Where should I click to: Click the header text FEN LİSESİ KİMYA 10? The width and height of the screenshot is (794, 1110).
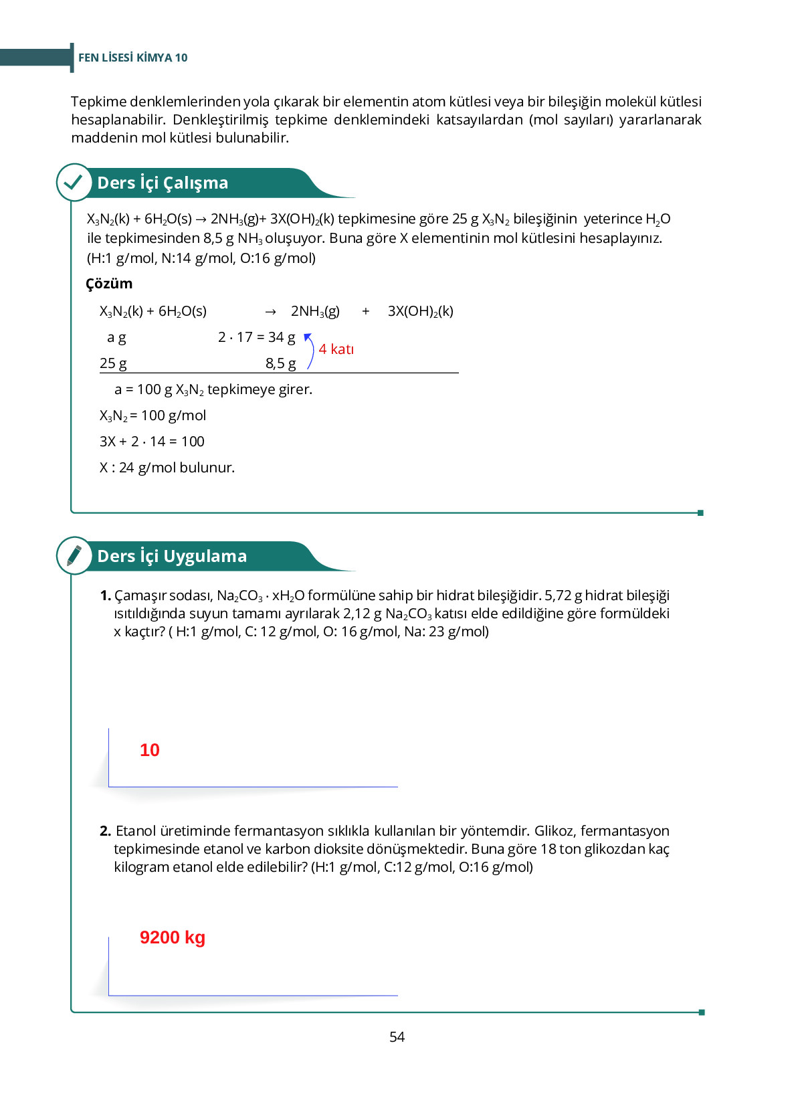click(x=132, y=58)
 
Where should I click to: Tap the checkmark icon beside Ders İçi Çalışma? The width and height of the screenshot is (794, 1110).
click(x=74, y=182)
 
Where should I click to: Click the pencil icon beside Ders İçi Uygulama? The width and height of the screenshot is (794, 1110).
click(x=74, y=555)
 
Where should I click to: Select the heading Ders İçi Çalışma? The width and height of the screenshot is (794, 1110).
click(x=163, y=183)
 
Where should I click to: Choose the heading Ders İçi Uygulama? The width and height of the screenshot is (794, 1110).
click(x=172, y=556)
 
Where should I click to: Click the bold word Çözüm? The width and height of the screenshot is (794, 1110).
click(x=109, y=284)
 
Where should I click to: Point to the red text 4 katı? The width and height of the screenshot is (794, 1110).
click(x=336, y=349)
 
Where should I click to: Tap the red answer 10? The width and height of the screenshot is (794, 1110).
click(x=150, y=750)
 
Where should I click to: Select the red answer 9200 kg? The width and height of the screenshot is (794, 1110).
click(x=172, y=937)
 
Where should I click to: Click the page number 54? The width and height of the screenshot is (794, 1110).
click(x=397, y=1036)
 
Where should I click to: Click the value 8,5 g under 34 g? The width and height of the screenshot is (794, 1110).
click(x=280, y=363)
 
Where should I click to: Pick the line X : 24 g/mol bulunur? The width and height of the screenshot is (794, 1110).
click(x=167, y=468)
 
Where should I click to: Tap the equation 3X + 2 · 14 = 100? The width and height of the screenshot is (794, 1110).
click(x=152, y=442)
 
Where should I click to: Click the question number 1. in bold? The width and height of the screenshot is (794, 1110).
click(x=106, y=595)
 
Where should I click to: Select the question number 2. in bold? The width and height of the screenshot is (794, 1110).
click(x=106, y=831)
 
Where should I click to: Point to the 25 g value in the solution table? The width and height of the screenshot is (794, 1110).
click(x=113, y=363)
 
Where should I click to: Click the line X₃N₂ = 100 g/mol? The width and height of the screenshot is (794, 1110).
click(x=153, y=415)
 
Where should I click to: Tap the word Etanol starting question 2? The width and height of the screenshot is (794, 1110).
click(x=136, y=831)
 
